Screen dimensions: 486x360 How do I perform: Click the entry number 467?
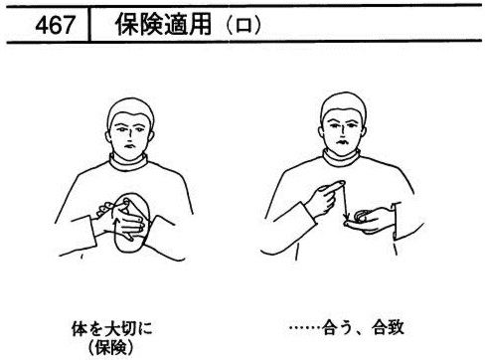pos(55,25)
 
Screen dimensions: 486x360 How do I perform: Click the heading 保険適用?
pos(164,25)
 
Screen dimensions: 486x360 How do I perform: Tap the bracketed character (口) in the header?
pos(243,25)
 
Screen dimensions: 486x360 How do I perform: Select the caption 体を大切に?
pos(112,328)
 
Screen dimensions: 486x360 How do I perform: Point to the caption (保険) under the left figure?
pos(111,347)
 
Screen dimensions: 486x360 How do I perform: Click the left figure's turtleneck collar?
pos(128,161)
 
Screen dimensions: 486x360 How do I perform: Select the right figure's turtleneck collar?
pos(341,157)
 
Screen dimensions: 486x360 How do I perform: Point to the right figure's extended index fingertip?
pos(342,182)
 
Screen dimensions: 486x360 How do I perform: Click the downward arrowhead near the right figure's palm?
pos(346,217)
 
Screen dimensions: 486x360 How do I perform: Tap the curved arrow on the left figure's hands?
pos(114,226)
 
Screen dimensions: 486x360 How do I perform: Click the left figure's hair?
pos(130,109)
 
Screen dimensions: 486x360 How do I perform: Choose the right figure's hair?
pos(344,103)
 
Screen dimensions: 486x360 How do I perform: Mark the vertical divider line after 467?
pos(89,24)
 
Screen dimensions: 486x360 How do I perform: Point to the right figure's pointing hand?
pos(325,199)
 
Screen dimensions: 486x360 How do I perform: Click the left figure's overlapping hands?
pos(122,219)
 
